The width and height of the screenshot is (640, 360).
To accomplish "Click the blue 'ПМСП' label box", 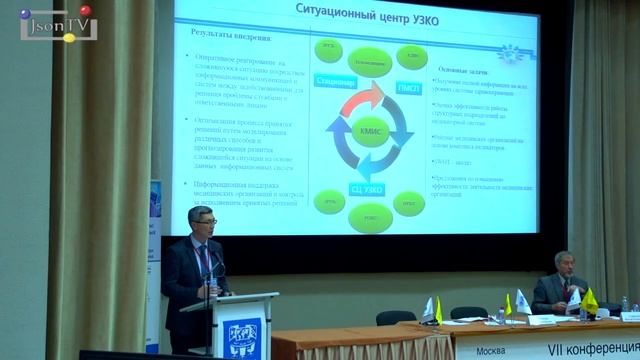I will click(x=405, y=88).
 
